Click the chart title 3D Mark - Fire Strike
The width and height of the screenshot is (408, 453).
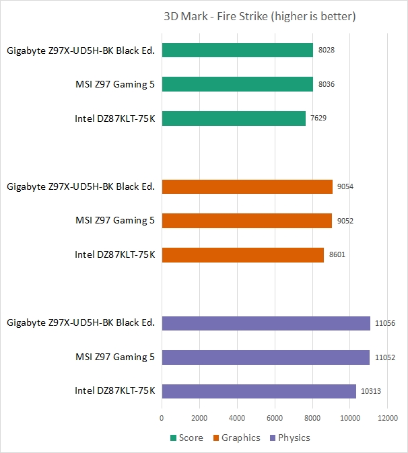pyautogui.click(x=259, y=16)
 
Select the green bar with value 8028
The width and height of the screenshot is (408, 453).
pyautogui.click(x=237, y=50)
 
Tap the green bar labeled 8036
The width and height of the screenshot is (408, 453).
pyautogui.click(x=237, y=85)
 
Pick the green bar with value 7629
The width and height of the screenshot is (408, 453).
pyautogui.click(x=234, y=118)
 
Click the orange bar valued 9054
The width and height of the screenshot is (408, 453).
pyautogui.click(x=247, y=186)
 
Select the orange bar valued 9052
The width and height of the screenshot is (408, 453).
pyautogui.click(x=247, y=221)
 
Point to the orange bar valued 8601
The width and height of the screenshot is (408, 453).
pyautogui.click(x=242, y=255)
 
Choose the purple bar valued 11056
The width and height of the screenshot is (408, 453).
pyautogui.click(x=266, y=323)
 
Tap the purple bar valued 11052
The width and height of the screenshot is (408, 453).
pyautogui.click(x=266, y=357)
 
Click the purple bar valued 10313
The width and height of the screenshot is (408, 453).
pyautogui.click(x=259, y=391)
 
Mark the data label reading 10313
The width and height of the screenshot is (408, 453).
pyautogui.click(x=370, y=392)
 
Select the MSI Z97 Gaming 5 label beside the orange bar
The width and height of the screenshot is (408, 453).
pyautogui.click(x=115, y=221)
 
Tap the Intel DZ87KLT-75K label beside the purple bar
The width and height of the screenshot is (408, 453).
pyautogui.click(x=115, y=391)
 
